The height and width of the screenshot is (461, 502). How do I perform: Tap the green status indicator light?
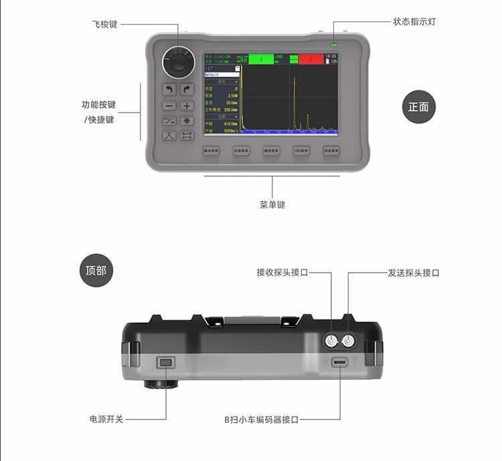pos(333,46)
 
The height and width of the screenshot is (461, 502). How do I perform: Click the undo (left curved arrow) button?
pos(169,89)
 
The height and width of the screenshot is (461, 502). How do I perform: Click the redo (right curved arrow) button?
pos(187,89)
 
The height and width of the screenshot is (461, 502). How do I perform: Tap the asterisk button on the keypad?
pos(187,121)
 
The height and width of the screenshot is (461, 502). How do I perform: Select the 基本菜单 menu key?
pos(211,151)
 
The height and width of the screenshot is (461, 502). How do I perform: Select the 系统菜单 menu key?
pos(331,151)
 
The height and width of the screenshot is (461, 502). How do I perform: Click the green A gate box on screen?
pos(262,59)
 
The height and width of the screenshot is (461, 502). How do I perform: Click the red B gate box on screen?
pos(311,59)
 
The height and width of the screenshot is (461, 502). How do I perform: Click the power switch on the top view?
pos(166,363)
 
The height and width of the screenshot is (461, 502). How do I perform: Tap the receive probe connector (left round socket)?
pos(331,342)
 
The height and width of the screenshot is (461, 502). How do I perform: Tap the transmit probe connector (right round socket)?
pos(349,342)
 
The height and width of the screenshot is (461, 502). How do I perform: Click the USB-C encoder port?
pos(340,363)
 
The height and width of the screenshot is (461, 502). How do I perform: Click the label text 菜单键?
pos(272,204)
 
